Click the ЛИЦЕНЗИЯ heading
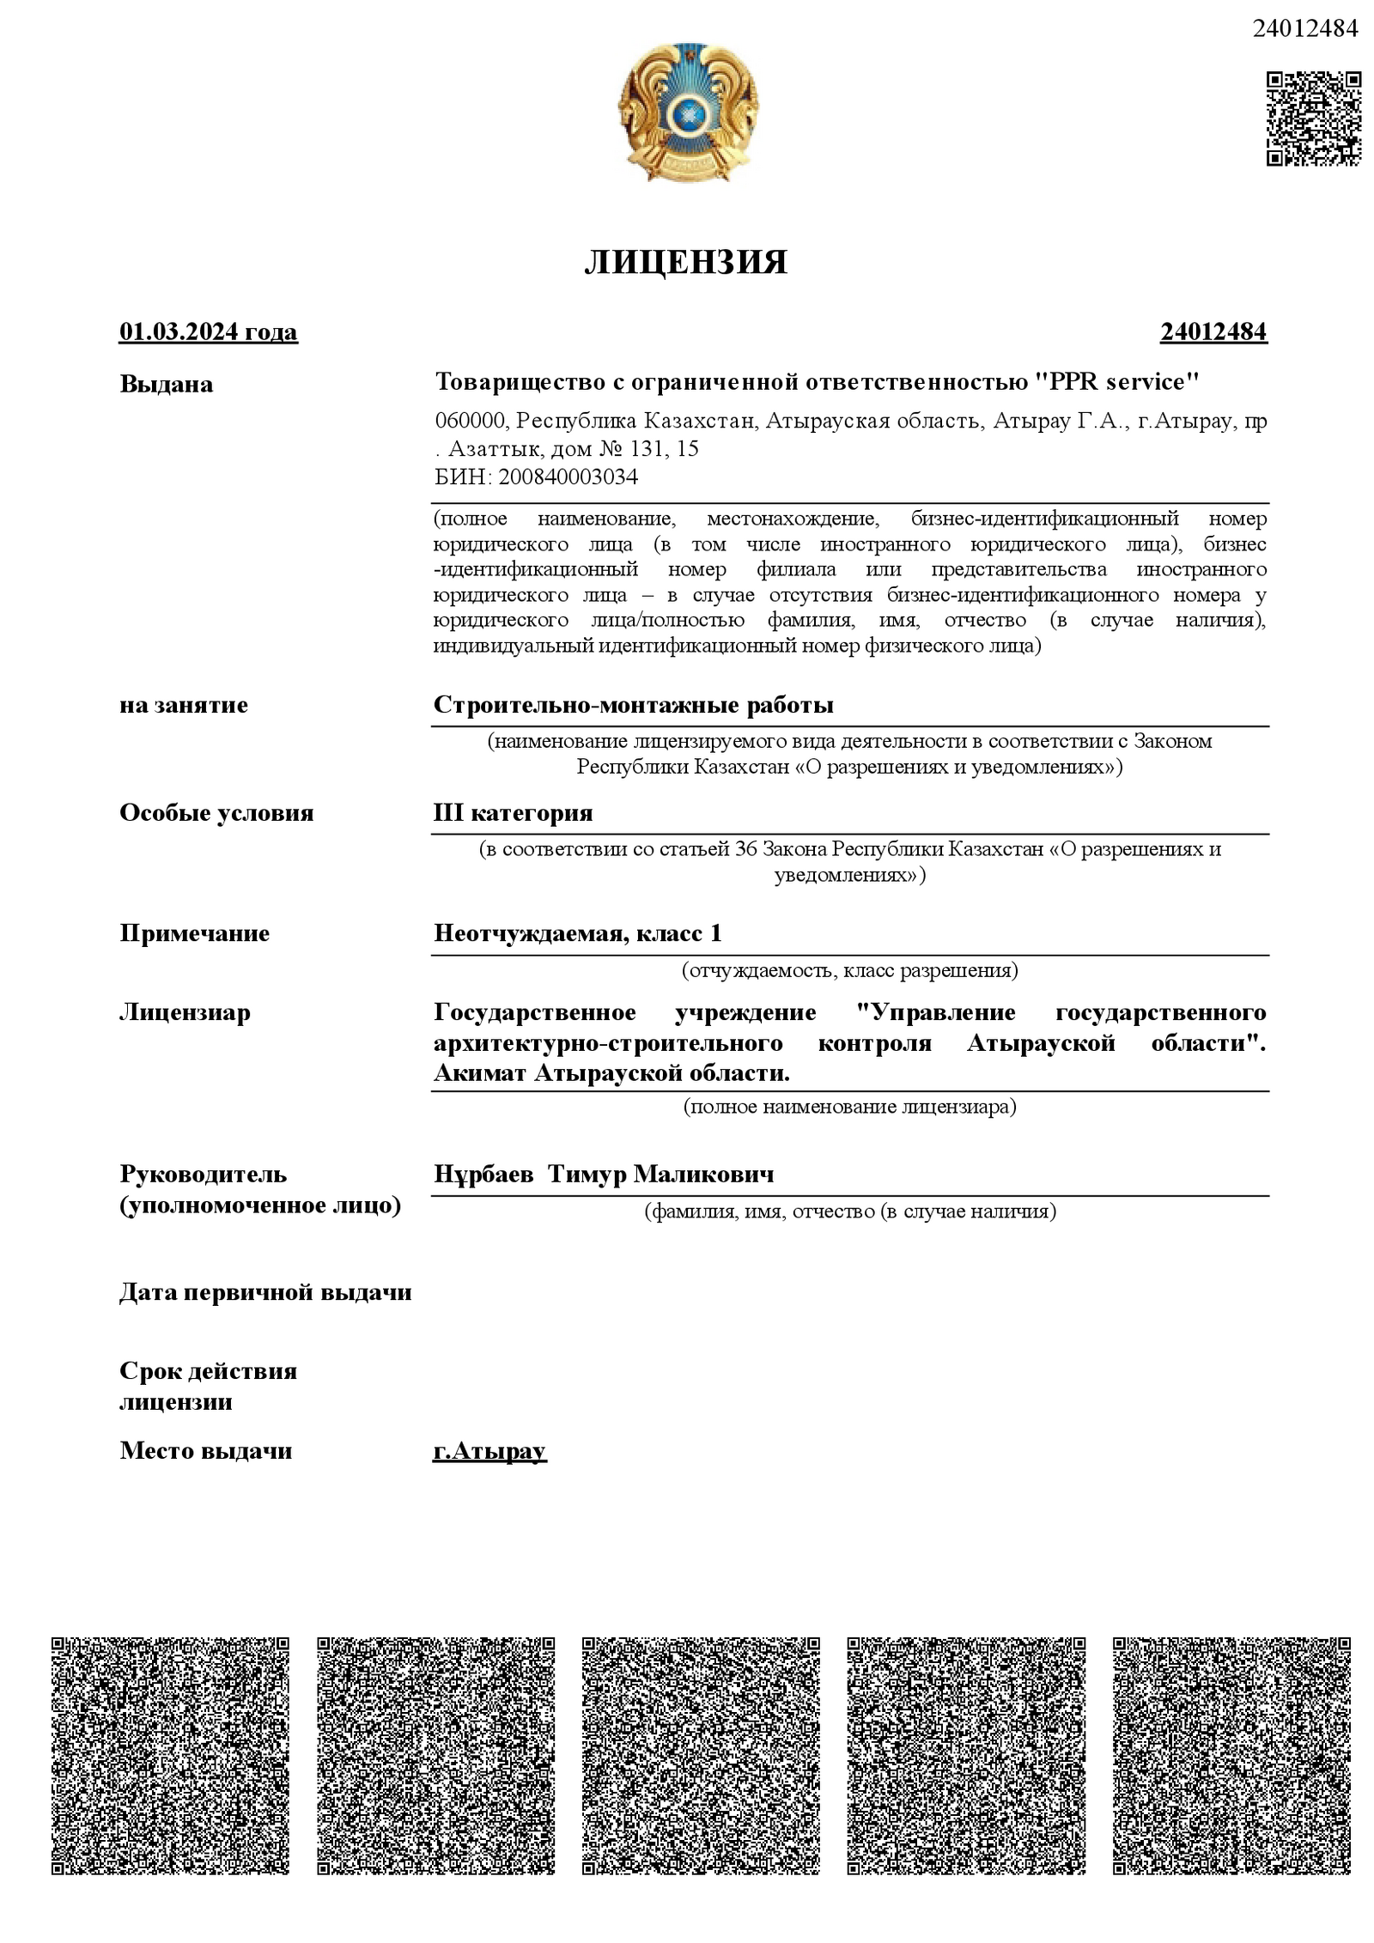(x=685, y=262)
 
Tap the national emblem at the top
(x=687, y=112)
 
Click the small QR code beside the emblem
(x=1313, y=118)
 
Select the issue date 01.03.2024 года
(x=209, y=331)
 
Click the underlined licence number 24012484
(x=1213, y=331)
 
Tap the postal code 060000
(x=470, y=422)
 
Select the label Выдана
(x=167, y=384)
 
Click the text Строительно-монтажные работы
(x=634, y=705)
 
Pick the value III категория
(x=514, y=812)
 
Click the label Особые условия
(x=216, y=812)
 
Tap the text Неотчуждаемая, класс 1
(x=578, y=932)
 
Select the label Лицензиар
(x=185, y=1012)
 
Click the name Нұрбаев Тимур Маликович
(x=604, y=1174)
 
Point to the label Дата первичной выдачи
(x=265, y=1292)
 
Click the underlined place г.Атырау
(x=489, y=1451)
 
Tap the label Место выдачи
(x=206, y=1451)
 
